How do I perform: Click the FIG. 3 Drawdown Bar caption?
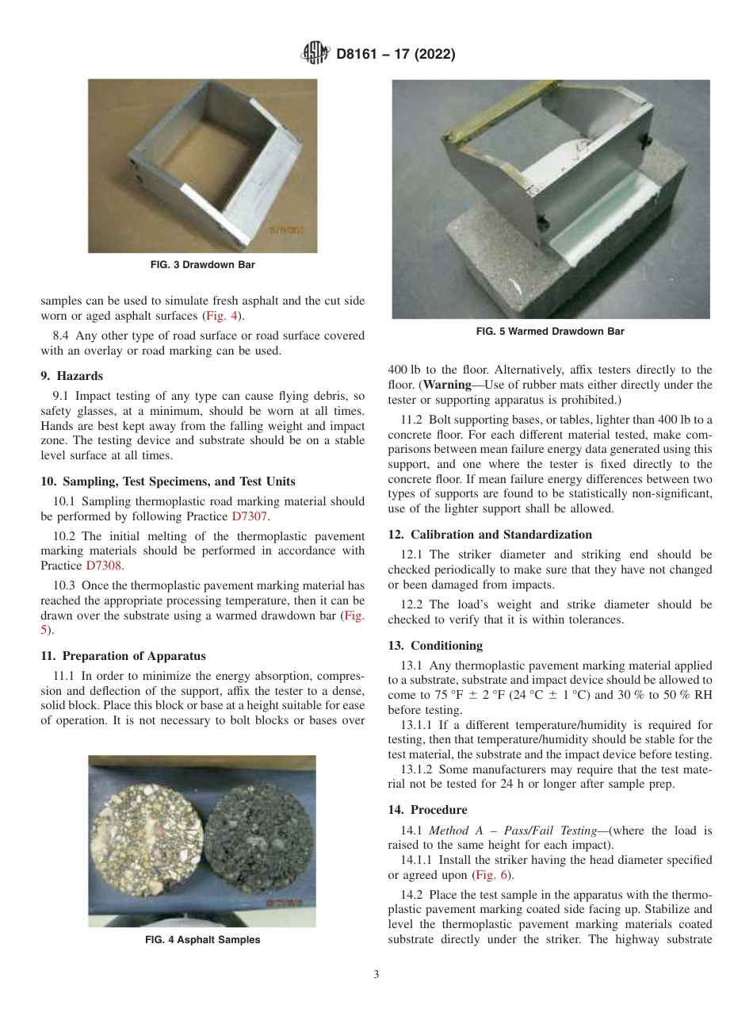pyautogui.click(x=203, y=265)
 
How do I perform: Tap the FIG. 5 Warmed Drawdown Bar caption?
pyautogui.click(x=550, y=332)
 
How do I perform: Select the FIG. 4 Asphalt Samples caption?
pyautogui.click(x=202, y=940)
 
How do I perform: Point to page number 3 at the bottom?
pyautogui.click(x=376, y=974)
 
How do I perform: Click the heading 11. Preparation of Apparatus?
pyautogui.click(x=123, y=656)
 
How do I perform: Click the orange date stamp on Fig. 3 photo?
pyautogui.click(x=286, y=232)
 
